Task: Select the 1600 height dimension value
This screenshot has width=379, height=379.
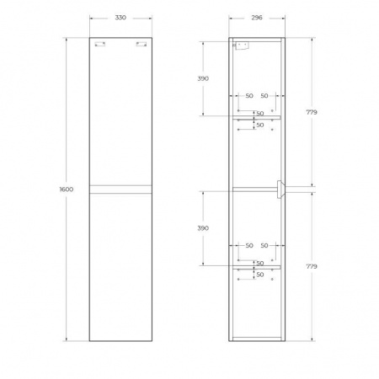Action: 67,189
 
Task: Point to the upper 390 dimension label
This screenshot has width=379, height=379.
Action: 203,77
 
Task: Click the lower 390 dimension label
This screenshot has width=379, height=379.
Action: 203,227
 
